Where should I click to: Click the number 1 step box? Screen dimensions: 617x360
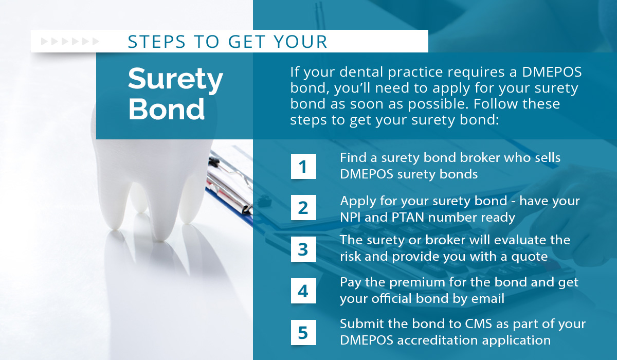(x=303, y=166)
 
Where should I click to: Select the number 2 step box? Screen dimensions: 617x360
(x=303, y=208)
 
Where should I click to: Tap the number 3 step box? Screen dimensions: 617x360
(x=303, y=249)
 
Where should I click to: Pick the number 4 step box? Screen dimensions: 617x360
(x=303, y=291)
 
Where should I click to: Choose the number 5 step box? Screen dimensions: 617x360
(x=303, y=332)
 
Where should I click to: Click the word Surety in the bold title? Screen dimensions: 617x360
(x=175, y=80)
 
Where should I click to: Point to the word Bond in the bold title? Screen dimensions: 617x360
(x=167, y=110)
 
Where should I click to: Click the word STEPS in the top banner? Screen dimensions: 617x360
(x=156, y=42)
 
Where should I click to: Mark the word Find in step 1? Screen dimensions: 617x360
(x=353, y=158)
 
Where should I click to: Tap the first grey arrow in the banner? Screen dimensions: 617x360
(x=44, y=42)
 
